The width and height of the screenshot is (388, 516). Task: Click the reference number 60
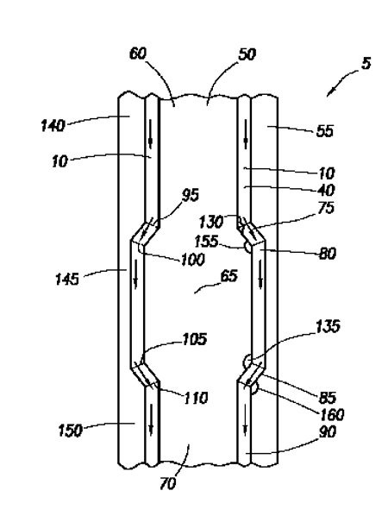tap(138, 53)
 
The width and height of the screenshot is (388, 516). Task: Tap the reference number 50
tap(247, 54)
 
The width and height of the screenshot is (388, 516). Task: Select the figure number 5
tap(366, 63)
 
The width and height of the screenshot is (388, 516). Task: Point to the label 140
tap(53, 125)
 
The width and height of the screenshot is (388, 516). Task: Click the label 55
tap(324, 131)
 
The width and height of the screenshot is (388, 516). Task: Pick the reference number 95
tap(191, 195)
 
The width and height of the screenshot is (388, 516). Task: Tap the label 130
tap(210, 222)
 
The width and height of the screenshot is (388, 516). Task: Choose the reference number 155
tap(206, 242)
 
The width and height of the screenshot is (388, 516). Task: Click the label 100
tap(192, 260)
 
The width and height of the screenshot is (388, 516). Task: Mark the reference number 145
tap(67, 280)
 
